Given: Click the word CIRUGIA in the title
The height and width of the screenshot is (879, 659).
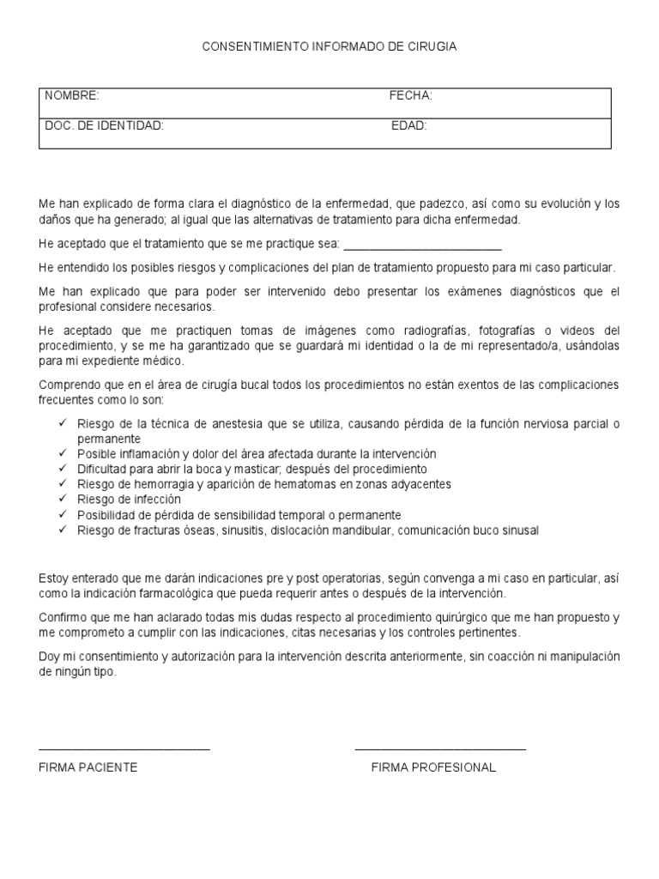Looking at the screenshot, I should [434, 47].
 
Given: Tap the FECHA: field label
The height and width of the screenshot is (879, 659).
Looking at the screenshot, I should [411, 95].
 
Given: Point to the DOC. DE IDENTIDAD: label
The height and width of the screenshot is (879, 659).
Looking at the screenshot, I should [104, 125].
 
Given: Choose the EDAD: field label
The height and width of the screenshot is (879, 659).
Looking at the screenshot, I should [409, 125].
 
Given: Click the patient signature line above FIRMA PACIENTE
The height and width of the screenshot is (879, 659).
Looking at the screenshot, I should [124, 749].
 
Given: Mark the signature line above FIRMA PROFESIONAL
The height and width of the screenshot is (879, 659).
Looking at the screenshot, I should [440, 749].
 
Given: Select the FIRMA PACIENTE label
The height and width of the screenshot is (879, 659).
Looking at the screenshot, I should [88, 767].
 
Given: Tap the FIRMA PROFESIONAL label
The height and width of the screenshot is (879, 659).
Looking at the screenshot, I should [433, 767].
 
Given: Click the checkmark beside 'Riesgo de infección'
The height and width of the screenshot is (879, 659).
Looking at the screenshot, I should [63, 499].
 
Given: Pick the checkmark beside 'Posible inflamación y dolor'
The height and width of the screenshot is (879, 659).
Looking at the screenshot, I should [63, 452].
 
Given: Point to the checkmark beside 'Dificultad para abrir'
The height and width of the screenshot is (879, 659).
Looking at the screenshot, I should [63, 468].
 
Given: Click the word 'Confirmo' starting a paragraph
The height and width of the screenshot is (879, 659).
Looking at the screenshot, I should [62, 617].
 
